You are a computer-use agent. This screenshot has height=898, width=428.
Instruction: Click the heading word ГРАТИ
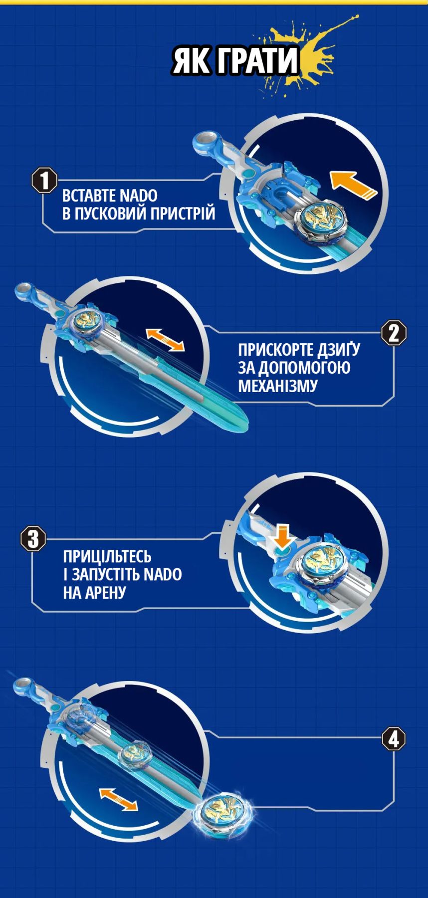tap(258, 61)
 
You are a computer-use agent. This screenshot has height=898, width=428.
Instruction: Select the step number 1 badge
tap(44, 180)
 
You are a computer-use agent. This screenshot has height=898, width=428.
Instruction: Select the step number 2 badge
tap(394, 333)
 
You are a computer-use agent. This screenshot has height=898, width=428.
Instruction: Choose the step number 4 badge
tap(394, 739)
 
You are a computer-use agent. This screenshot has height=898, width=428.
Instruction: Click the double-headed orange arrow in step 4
tap(118, 799)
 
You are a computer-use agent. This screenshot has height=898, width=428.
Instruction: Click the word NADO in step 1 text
tap(138, 195)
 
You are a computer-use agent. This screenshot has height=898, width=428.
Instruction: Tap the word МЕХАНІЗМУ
tap(278, 386)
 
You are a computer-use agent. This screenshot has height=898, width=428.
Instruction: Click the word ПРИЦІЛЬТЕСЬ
tap(107, 556)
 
